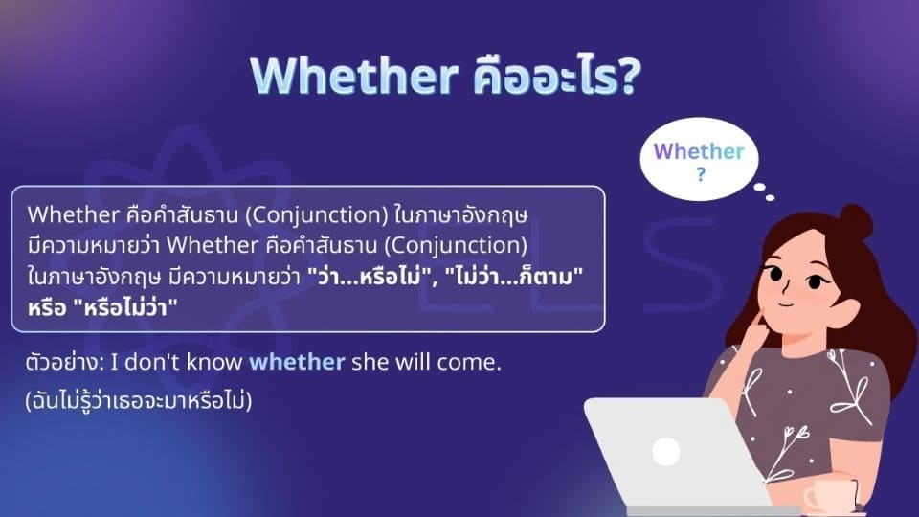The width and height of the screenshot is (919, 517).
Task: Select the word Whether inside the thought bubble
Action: point(698,151)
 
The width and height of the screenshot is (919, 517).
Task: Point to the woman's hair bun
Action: point(854,222)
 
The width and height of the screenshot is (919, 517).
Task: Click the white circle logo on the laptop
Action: point(665,451)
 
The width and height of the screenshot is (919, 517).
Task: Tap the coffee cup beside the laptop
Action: point(828,495)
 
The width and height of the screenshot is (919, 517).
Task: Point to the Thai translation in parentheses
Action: point(140,401)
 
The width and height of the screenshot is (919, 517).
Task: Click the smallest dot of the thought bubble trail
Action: point(771,199)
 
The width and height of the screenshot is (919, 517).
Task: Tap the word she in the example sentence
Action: point(368,364)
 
